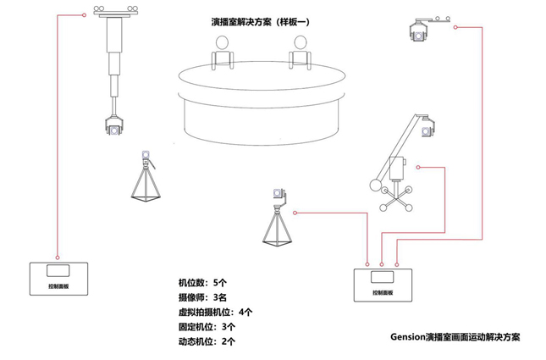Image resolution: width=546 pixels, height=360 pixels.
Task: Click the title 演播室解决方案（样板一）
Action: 260,22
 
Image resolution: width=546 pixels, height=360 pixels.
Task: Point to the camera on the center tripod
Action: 279,197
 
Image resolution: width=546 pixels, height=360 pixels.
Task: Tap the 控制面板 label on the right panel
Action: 383,293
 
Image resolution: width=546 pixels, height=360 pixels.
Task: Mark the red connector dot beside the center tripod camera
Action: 292,197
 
